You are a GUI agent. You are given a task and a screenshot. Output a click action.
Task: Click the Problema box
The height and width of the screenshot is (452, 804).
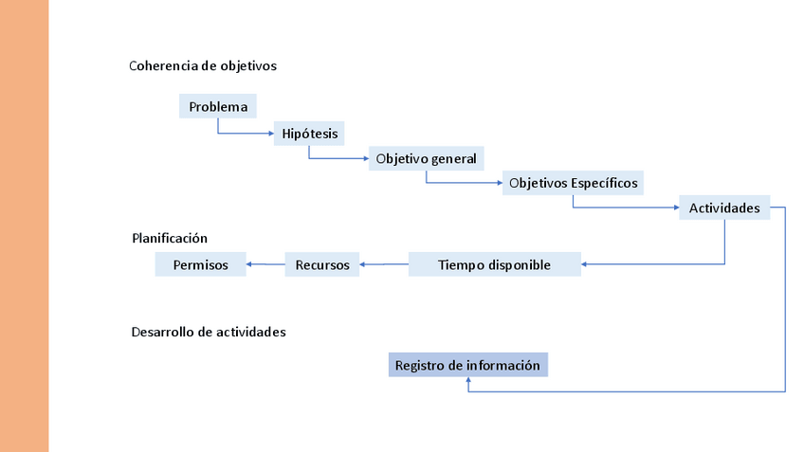[x=218, y=106]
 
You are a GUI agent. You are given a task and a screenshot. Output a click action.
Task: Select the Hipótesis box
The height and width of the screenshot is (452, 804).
[x=309, y=133]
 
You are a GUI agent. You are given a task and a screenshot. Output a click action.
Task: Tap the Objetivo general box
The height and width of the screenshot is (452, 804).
[x=426, y=157]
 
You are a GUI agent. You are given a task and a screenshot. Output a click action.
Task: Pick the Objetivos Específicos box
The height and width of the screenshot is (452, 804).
[x=573, y=182]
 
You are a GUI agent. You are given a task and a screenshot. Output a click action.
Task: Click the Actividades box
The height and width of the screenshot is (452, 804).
[x=724, y=208]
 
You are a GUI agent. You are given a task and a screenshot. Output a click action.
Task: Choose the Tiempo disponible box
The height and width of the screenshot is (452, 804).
[x=494, y=264]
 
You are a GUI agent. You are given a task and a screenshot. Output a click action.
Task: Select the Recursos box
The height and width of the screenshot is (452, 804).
[x=322, y=264]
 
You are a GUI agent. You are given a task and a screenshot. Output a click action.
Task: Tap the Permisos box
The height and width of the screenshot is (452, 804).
[x=201, y=264]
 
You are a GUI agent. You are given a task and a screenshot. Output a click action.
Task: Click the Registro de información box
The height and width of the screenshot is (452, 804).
[x=467, y=365]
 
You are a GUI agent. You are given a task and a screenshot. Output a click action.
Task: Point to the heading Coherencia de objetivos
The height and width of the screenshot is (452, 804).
[x=203, y=66]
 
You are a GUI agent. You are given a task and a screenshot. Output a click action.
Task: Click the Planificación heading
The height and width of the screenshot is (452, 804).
[x=170, y=238]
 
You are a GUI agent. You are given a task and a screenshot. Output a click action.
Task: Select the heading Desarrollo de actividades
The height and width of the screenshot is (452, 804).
[x=209, y=333]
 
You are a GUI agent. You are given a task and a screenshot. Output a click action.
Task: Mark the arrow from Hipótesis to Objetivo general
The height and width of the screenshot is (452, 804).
[x=337, y=158]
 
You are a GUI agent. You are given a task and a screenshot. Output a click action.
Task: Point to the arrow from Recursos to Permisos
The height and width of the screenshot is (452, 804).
[x=265, y=264]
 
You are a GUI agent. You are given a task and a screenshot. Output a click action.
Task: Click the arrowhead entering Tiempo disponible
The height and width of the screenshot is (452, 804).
[x=585, y=264]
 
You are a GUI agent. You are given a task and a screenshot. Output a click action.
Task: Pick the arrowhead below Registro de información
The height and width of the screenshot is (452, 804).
[x=468, y=381]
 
